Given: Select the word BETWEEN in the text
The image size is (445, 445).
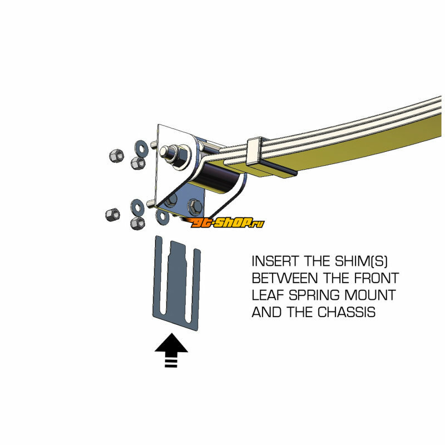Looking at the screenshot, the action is [x=285, y=278].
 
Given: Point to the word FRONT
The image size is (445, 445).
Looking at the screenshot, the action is [x=377, y=278].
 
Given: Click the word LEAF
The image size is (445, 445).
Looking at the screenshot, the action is [x=268, y=295].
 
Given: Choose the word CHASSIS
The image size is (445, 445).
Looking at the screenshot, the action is [x=347, y=312].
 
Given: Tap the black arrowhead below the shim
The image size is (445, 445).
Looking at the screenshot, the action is [x=171, y=343].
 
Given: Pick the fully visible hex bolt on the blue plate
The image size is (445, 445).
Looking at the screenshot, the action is [x=195, y=206].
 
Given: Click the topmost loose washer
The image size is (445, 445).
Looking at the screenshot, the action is [x=141, y=147].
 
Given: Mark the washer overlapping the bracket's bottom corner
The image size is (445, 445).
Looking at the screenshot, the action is [x=163, y=216].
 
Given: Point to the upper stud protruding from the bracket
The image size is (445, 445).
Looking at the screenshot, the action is [x=154, y=145].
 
